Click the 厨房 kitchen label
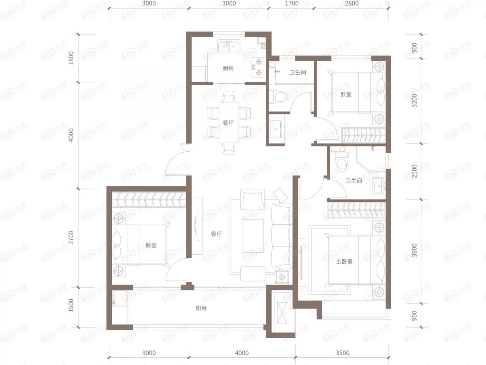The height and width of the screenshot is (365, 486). (x=228, y=68)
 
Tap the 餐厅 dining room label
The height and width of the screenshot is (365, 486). (x=228, y=122)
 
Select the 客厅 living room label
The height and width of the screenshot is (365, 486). (x=216, y=234)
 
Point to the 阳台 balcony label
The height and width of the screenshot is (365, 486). (x=201, y=308)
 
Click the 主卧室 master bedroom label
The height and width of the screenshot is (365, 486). (x=344, y=262)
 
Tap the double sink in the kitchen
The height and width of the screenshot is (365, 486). (x=229, y=46)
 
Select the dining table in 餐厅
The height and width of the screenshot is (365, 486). (x=229, y=122)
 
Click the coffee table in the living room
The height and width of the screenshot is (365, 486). (x=253, y=236)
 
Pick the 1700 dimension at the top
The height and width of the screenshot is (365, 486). (x=292, y=4)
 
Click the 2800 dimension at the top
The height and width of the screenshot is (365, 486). (x=352, y=4)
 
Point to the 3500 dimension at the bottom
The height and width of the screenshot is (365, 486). (x=342, y=352)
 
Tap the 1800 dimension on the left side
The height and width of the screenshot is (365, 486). (x=71, y=58)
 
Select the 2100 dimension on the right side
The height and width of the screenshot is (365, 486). (x=414, y=171)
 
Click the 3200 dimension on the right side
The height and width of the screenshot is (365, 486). (x=414, y=101)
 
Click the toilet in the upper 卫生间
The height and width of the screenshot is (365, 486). (x=278, y=97)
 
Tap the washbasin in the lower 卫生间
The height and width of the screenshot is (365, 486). (x=378, y=186)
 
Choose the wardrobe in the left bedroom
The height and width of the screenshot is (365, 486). (x=149, y=200)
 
